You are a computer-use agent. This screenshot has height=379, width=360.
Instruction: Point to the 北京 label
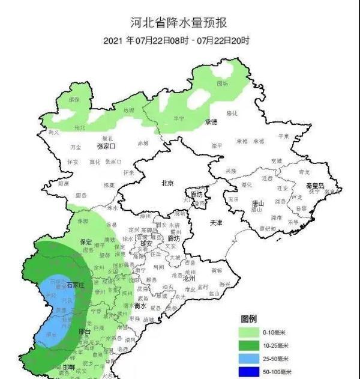click(x=167, y=183)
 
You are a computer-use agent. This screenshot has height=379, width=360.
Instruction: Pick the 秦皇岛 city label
click(x=313, y=186)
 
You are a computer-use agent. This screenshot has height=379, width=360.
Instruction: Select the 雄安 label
click(x=146, y=244)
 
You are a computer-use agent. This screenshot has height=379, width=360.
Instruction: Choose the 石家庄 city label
click(x=77, y=285)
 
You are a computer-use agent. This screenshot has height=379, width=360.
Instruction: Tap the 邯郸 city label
click(x=69, y=366)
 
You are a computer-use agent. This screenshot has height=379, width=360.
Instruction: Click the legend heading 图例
click(x=249, y=318)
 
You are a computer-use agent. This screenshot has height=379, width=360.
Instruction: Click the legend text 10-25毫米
click(x=276, y=345)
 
